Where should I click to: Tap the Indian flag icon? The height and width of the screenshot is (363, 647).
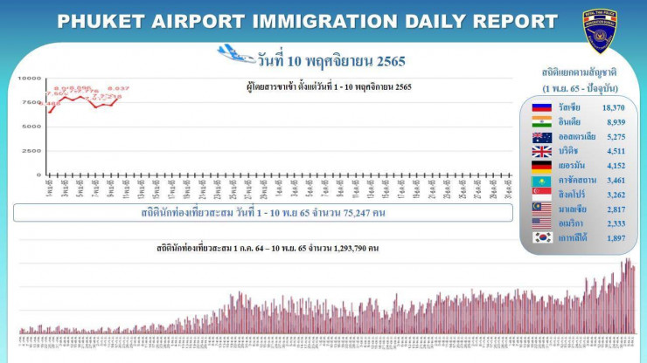coord(541,121)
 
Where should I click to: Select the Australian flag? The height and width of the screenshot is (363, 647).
coord(541,137)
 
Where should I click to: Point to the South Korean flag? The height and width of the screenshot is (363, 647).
coord(541,236)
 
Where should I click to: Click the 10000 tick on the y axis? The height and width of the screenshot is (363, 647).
coord(30,79)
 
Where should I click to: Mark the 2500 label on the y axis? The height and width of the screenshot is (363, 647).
coord(31,150)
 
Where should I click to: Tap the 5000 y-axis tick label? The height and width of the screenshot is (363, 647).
coord(31,127)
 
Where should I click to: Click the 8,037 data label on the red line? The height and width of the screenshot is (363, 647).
coord(118,88)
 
